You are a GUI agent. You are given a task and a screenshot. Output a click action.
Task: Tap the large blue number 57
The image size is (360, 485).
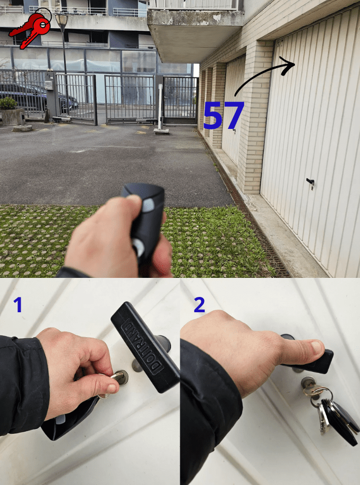[224, 115]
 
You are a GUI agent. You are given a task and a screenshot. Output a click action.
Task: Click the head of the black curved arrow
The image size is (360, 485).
[289, 65]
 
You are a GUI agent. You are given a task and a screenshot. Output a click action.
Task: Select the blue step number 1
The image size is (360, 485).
[17, 305]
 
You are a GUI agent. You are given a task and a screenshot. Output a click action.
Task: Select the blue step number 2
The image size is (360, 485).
[199, 305]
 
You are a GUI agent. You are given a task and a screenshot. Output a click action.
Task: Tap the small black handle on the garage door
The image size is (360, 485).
[310, 182]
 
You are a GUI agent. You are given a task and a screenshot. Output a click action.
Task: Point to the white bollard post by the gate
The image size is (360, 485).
[160, 108]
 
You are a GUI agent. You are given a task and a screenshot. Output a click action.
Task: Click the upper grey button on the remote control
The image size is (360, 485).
[149, 204]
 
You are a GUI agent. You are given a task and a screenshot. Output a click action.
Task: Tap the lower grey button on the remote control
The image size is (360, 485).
[138, 247]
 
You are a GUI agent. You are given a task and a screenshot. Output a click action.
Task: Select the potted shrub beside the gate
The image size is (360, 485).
[8, 103]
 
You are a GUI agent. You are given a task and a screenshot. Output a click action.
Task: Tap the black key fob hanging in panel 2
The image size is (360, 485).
[340, 421]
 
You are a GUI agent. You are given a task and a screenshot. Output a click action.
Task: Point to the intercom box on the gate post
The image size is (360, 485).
[49, 85]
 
